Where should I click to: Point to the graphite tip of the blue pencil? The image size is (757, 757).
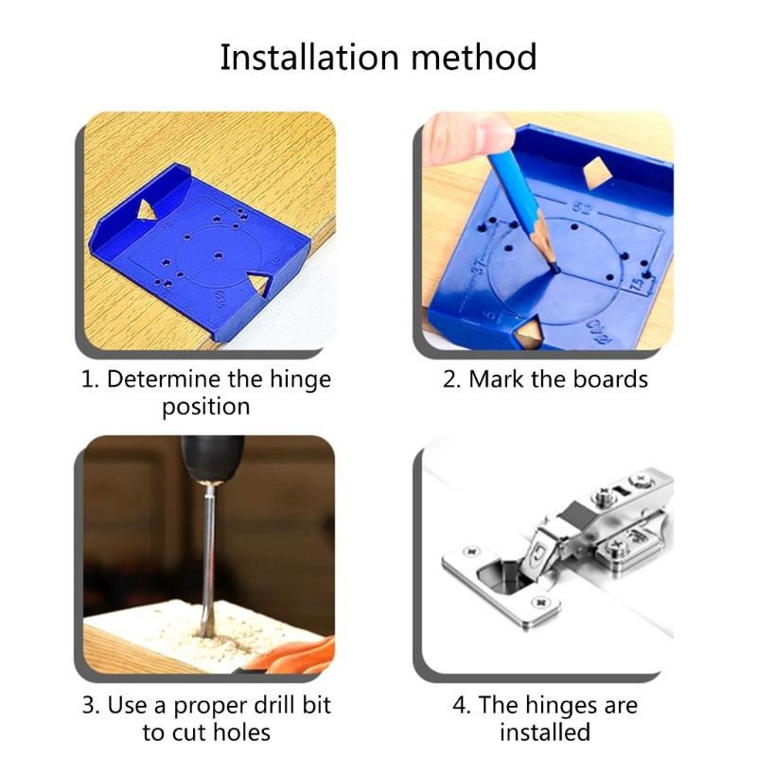555,268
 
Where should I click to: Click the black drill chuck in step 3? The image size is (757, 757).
210,459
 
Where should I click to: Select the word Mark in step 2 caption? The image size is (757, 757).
500,380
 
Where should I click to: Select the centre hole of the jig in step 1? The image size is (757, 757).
220,255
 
